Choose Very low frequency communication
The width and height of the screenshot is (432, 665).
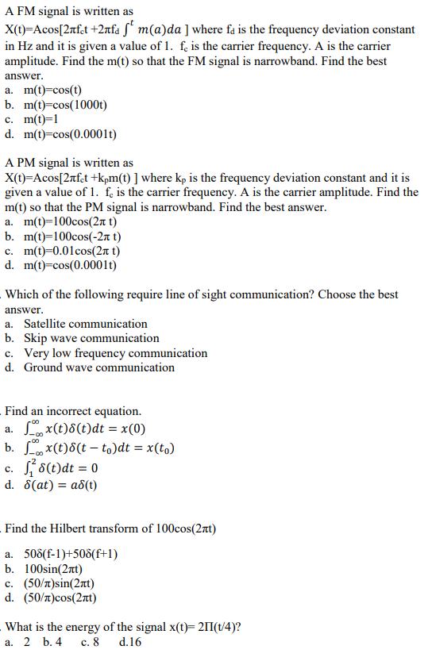[115, 353]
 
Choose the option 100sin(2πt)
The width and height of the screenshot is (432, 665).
[61, 570]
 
